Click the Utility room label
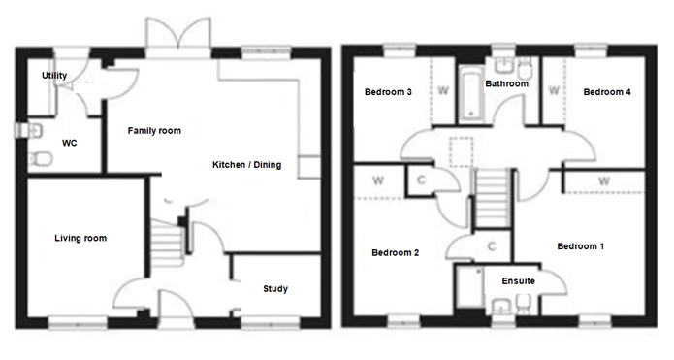coord(54,76)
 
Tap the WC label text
coord(69,143)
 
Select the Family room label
coord(154,131)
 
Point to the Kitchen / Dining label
coord(246,165)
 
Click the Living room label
coord(80,238)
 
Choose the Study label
coord(275,288)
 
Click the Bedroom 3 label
coord(388,92)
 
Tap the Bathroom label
coord(506,83)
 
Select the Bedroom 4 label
coord(606,92)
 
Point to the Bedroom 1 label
coord(580,246)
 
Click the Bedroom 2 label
coord(395,253)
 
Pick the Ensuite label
coord(519,281)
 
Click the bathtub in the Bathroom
coord(471,93)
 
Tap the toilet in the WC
coord(41,159)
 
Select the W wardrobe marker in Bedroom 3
coord(443,91)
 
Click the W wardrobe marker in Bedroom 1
coord(604,181)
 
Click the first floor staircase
coord(493,197)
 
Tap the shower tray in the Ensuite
coord(469,287)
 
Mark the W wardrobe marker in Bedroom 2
coord(378,180)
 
